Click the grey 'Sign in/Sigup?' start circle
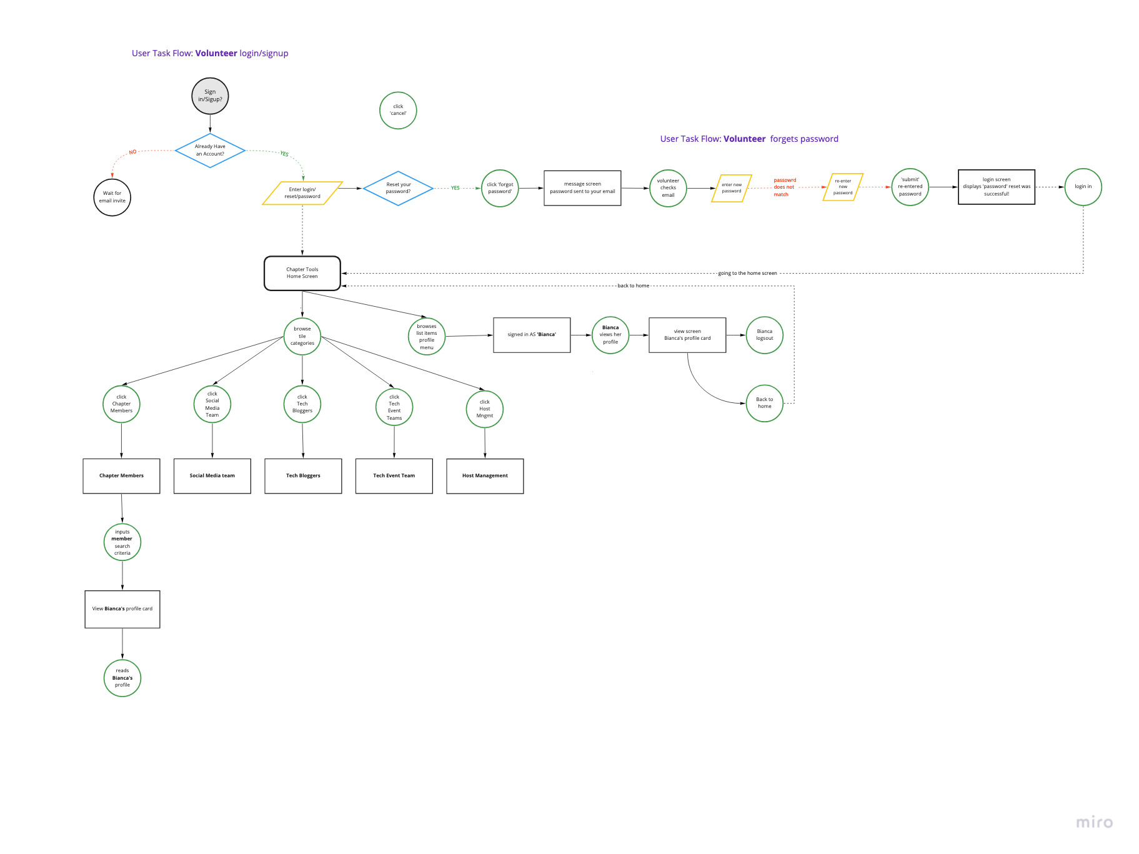click(x=210, y=96)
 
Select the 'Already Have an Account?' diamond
click(x=210, y=150)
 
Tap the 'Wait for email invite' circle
click(x=112, y=197)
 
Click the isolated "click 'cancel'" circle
click(x=398, y=111)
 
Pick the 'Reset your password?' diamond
click(x=398, y=188)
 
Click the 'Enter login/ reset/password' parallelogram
click(x=302, y=193)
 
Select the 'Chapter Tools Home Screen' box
click(x=302, y=273)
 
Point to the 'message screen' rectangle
click(x=582, y=188)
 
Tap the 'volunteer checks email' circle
click(x=668, y=188)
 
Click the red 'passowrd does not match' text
click(x=784, y=187)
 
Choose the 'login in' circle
click(x=1083, y=187)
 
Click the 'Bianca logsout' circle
click(x=764, y=335)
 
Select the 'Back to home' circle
click(x=764, y=403)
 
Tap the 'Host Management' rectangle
click(x=485, y=476)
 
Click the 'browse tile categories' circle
click(x=302, y=336)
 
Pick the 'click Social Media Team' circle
click(x=212, y=404)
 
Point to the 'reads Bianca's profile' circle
click(x=122, y=678)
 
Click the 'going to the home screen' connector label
click(x=747, y=273)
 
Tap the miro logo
click(x=1094, y=822)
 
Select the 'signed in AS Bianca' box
click(x=532, y=335)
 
